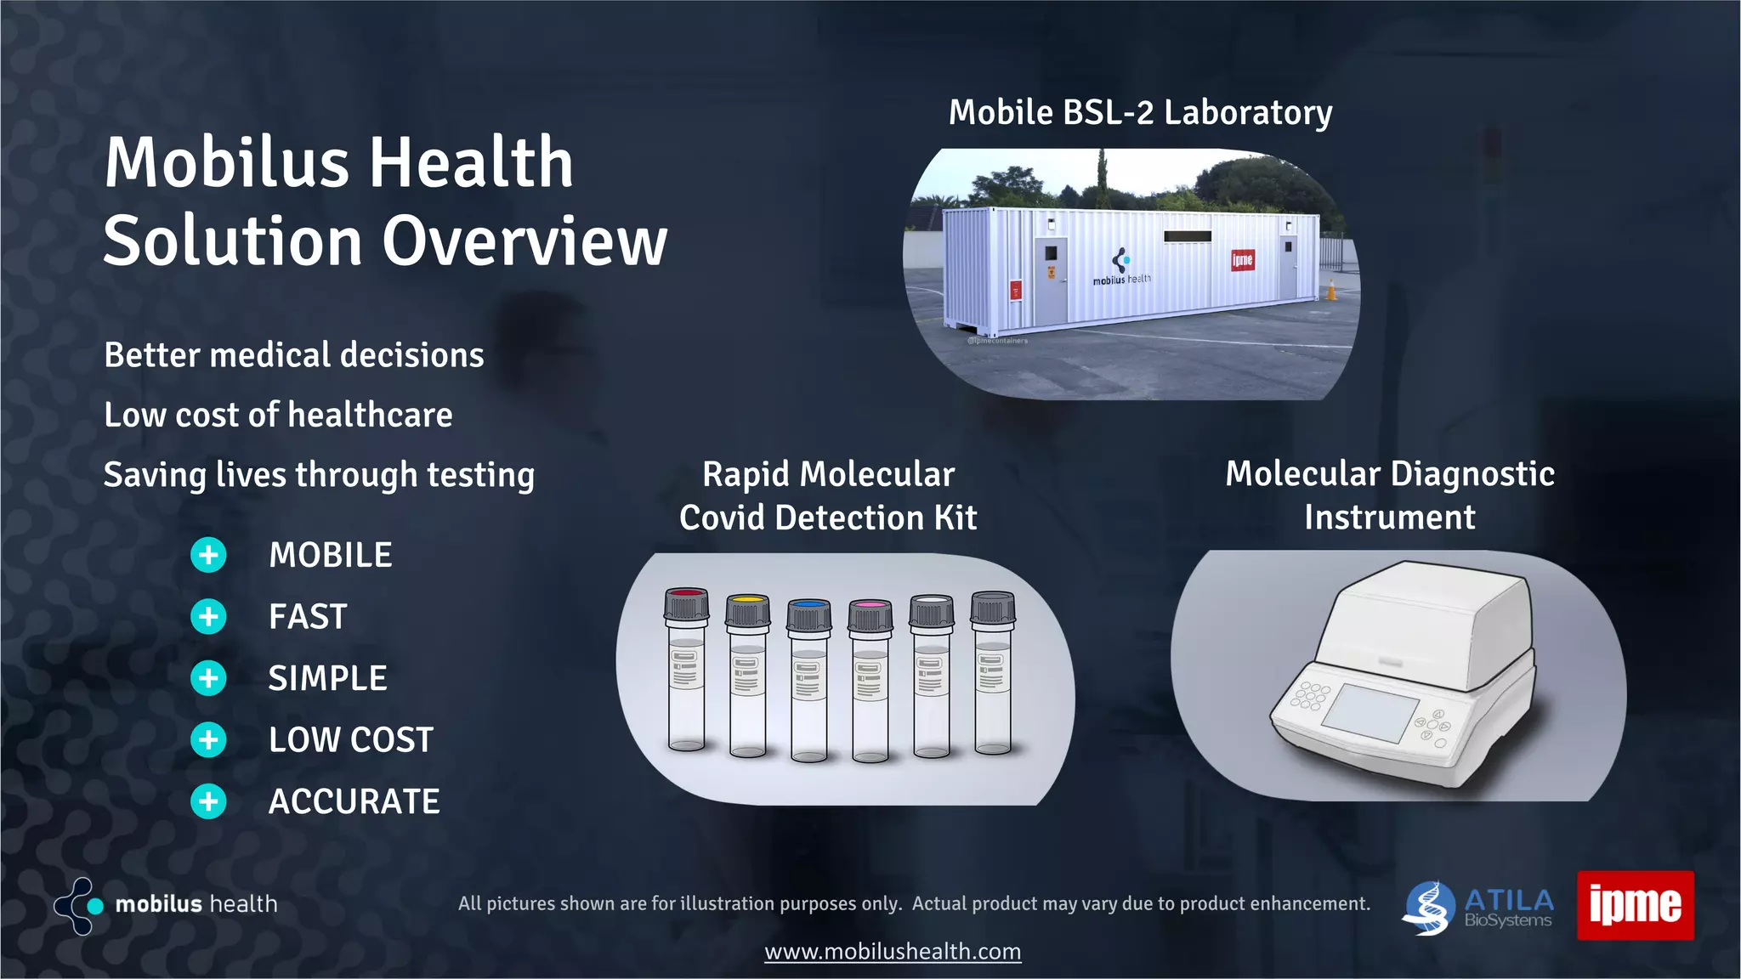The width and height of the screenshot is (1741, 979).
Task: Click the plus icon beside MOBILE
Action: click(208, 556)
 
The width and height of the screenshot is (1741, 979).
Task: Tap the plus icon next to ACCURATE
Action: click(208, 801)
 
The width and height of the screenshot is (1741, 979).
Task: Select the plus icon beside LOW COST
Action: click(208, 740)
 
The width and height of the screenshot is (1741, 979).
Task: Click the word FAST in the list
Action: click(308, 617)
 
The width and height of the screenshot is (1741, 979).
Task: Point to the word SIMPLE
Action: click(327, 678)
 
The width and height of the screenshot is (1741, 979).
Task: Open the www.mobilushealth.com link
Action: click(893, 951)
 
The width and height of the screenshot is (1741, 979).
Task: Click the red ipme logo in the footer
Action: click(1635, 905)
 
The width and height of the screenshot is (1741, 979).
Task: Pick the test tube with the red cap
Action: click(686, 671)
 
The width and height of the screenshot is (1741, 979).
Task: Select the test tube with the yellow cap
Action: click(747, 676)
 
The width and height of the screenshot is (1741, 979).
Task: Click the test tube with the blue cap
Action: click(808, 680)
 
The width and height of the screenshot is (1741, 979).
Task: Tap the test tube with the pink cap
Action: click(870, 680)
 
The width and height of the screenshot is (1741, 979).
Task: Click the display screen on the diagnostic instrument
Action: click(1370, 711)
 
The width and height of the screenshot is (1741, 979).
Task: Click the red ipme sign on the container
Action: click(1242, 260)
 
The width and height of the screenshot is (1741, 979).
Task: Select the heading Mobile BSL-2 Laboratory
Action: click(1140, 112)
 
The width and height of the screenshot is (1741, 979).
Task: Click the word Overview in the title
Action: click(525, 241)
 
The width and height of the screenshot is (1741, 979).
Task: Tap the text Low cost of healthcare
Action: click(278, 415)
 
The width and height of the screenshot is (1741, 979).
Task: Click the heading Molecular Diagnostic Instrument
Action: click(1390, 495)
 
